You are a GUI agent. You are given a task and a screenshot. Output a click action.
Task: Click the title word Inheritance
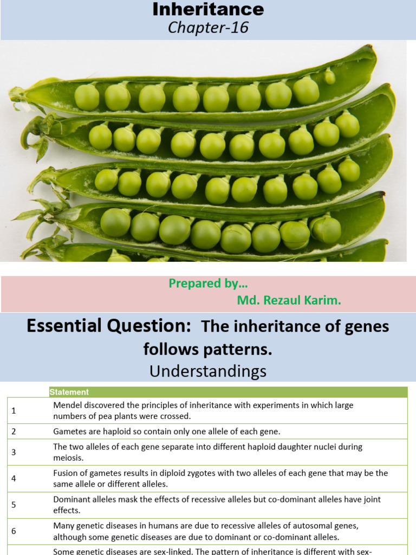tap(208, 9)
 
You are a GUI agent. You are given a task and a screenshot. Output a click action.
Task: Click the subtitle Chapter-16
tap(208, 28)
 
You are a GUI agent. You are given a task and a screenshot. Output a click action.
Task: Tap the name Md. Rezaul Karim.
tap(289, 300)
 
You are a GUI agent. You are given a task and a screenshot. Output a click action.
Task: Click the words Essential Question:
tap(109, 326)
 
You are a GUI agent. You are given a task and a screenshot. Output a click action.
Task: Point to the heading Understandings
tap(208, 371)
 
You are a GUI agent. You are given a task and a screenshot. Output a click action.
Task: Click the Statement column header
tap(69, 392)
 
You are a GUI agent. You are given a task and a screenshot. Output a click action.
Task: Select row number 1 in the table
tap(14, 410)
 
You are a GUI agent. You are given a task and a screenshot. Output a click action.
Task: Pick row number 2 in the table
tap(14, 431)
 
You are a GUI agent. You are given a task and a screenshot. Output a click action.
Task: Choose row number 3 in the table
tap(14, 452)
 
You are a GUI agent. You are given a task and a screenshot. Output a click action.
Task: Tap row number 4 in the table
tap(14, 478)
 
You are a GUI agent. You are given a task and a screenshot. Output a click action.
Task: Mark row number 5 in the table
tap(14, 505)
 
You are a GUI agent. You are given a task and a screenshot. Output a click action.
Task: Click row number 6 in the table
tap(14, 531)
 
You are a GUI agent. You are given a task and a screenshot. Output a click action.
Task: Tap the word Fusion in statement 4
tap(66, 473)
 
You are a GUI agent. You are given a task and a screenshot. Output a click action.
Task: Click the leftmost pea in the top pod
tap(87, 98)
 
